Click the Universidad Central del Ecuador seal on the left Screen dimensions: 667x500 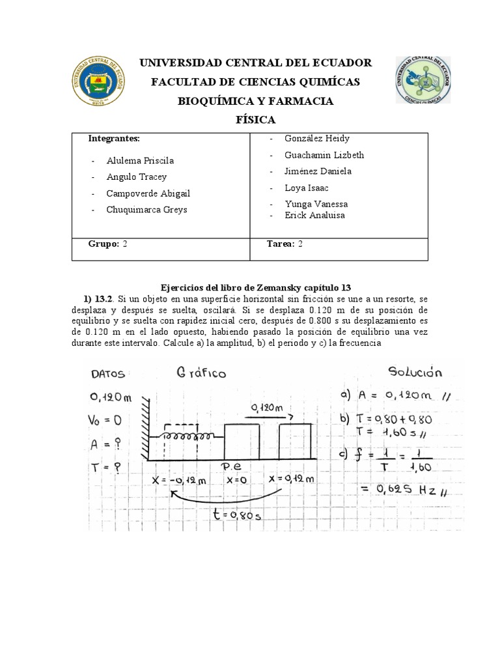click(x=98, y=81)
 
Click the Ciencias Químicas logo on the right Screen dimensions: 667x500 click(x=423, y=80)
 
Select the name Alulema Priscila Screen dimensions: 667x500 click(x=140, y=160)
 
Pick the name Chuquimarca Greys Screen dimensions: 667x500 click(x=148, y=210)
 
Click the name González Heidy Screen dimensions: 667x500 click(x=317, y=138)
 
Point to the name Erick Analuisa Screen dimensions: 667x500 click(x=314, y=215)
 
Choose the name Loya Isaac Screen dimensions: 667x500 click(x=307, y=188)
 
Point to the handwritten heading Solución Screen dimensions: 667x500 click(x=415, y=373)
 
